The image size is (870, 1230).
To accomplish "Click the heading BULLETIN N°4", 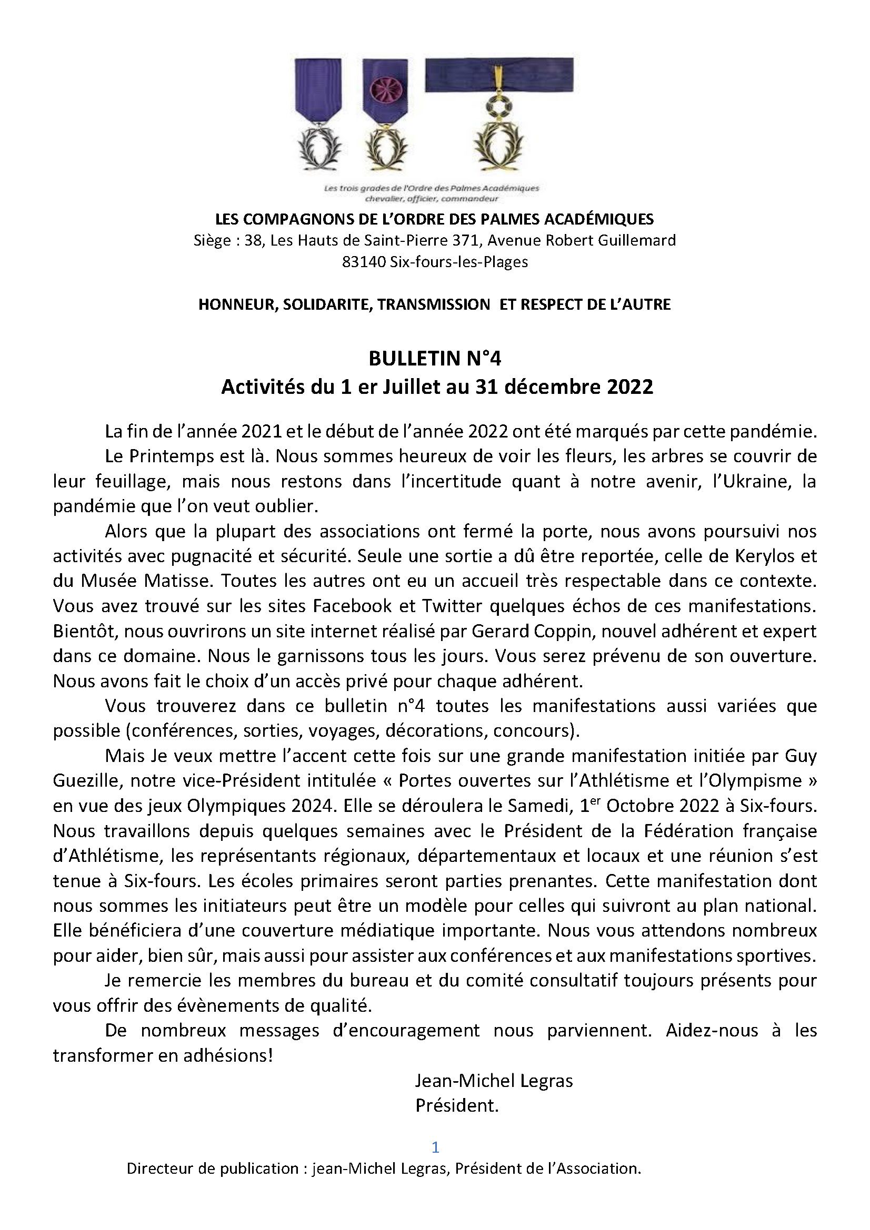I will (x=435, y=359).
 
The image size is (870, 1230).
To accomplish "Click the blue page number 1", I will (x=435, y=1147).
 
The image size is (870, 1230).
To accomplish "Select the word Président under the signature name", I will (x=457, y=1105).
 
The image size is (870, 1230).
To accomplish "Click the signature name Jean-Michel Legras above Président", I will (x=494, y=1081).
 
